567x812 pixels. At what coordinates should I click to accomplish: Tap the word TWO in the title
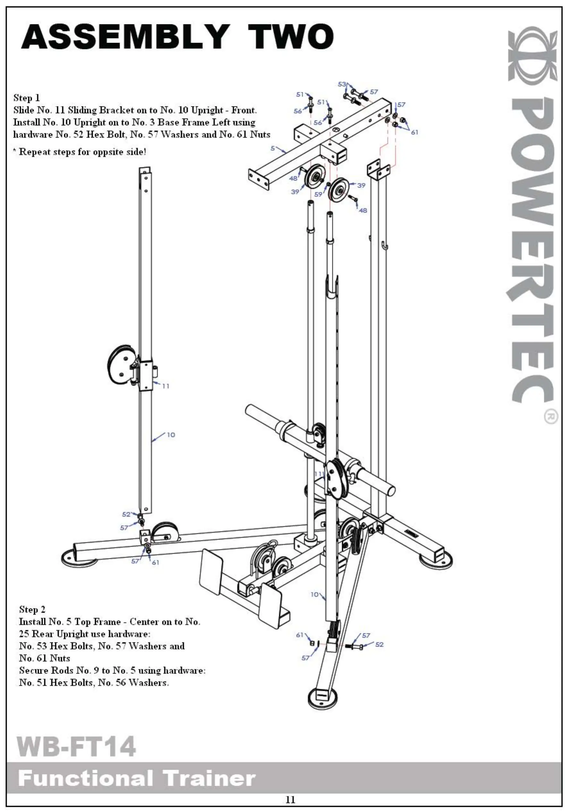point(291,37)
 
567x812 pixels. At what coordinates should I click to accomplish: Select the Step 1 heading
point(27,98)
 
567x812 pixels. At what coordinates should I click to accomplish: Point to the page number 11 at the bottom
point(290,800)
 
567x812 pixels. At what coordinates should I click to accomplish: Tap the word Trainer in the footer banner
point(209,779)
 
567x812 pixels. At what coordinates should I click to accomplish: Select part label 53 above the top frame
point(342,84)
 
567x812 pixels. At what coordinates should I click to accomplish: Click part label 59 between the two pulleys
point(318,194)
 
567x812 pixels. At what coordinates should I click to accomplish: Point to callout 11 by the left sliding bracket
point(165,386)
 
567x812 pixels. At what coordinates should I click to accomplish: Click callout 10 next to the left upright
point(171,435)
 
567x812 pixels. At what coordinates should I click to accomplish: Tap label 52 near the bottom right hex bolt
point(379,644)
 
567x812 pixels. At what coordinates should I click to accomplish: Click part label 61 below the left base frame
point(155,562)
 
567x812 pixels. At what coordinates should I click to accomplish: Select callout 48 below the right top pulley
point(363,211)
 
